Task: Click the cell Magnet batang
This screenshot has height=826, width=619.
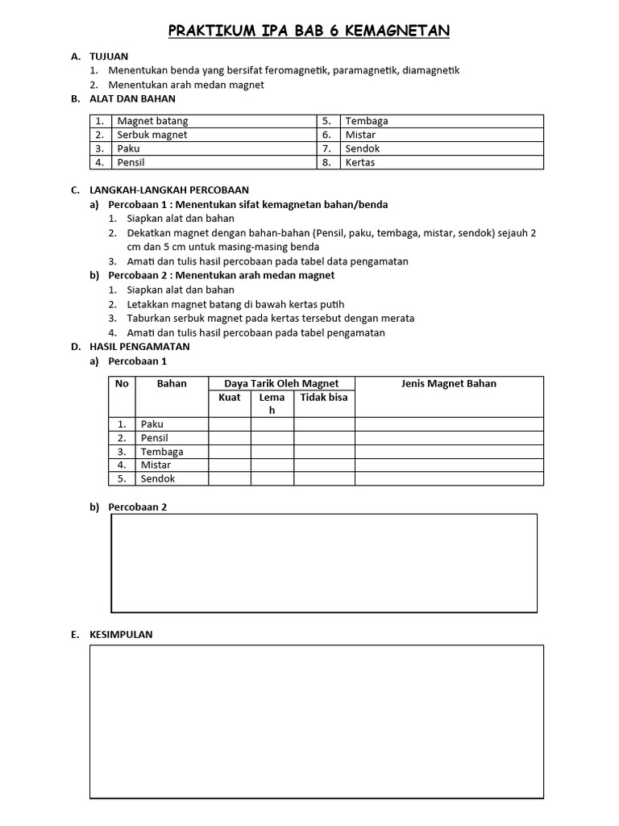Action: (x=152, y=121)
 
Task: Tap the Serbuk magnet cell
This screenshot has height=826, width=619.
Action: (x=152, y=135)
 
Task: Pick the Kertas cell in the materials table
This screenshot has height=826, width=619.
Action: (x=359, y=162)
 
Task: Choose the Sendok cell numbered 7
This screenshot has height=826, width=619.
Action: (x=362, y=148)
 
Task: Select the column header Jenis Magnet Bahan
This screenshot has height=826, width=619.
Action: (x=449, y=383)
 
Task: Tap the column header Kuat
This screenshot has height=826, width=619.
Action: (x=230, y=398)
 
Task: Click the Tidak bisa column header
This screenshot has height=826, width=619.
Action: (x=324, y=398)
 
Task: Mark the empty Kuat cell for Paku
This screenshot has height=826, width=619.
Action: (x=230, y=423)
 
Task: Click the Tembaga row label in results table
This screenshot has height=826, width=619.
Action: (x=162, y=452)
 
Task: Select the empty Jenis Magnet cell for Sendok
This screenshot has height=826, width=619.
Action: (x=449, y=478)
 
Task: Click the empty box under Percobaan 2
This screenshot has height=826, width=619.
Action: (x=324, y=563)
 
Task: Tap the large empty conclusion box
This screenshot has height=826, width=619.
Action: (x=316, y=721)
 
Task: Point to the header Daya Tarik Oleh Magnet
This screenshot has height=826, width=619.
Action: (x=281, y=383)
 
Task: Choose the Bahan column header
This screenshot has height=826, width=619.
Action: (x=172, y=383)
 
